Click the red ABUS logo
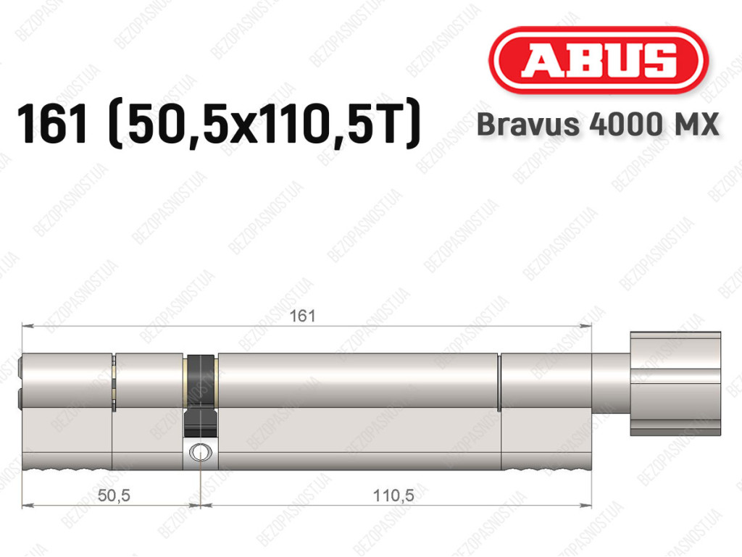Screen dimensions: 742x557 coord(598,61)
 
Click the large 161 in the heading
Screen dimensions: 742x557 coord(52,124)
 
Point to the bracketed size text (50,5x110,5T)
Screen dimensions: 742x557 coord(264,124)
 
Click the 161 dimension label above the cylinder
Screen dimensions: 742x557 coord(302,316)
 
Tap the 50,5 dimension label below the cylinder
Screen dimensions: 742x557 coord(114,495)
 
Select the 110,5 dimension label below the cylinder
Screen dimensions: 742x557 coord(393,495)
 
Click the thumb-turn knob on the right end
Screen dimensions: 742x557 coord(675,383)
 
